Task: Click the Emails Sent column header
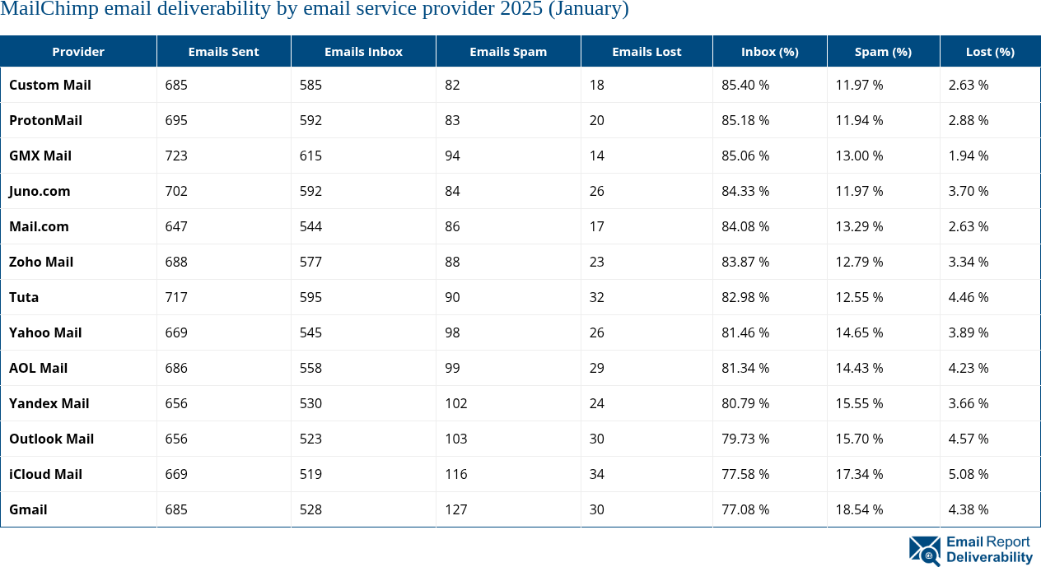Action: click(223, 51)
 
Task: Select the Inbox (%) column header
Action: click(769, 51)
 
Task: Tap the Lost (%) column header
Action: click(990, 51)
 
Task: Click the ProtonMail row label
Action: click(45, 120)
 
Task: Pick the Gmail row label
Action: click(28, 509)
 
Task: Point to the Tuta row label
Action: click(24, 297)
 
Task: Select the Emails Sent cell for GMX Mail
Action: click(176, 156)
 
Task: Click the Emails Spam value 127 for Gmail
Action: click(455, 509)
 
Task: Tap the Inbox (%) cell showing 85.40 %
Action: click(745, 85)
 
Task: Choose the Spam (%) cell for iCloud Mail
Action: click(859, 474)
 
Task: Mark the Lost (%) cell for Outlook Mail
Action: click(969, 439)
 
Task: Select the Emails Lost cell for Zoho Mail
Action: click(596, 262)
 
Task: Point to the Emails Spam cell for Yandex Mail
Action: click(455, 403)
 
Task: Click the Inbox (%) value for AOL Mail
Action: click(745, 368)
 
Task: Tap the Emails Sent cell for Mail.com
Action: click(176, 226)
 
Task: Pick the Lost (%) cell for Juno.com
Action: click(969, 191)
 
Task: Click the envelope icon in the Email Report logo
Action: click(924, 551)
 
